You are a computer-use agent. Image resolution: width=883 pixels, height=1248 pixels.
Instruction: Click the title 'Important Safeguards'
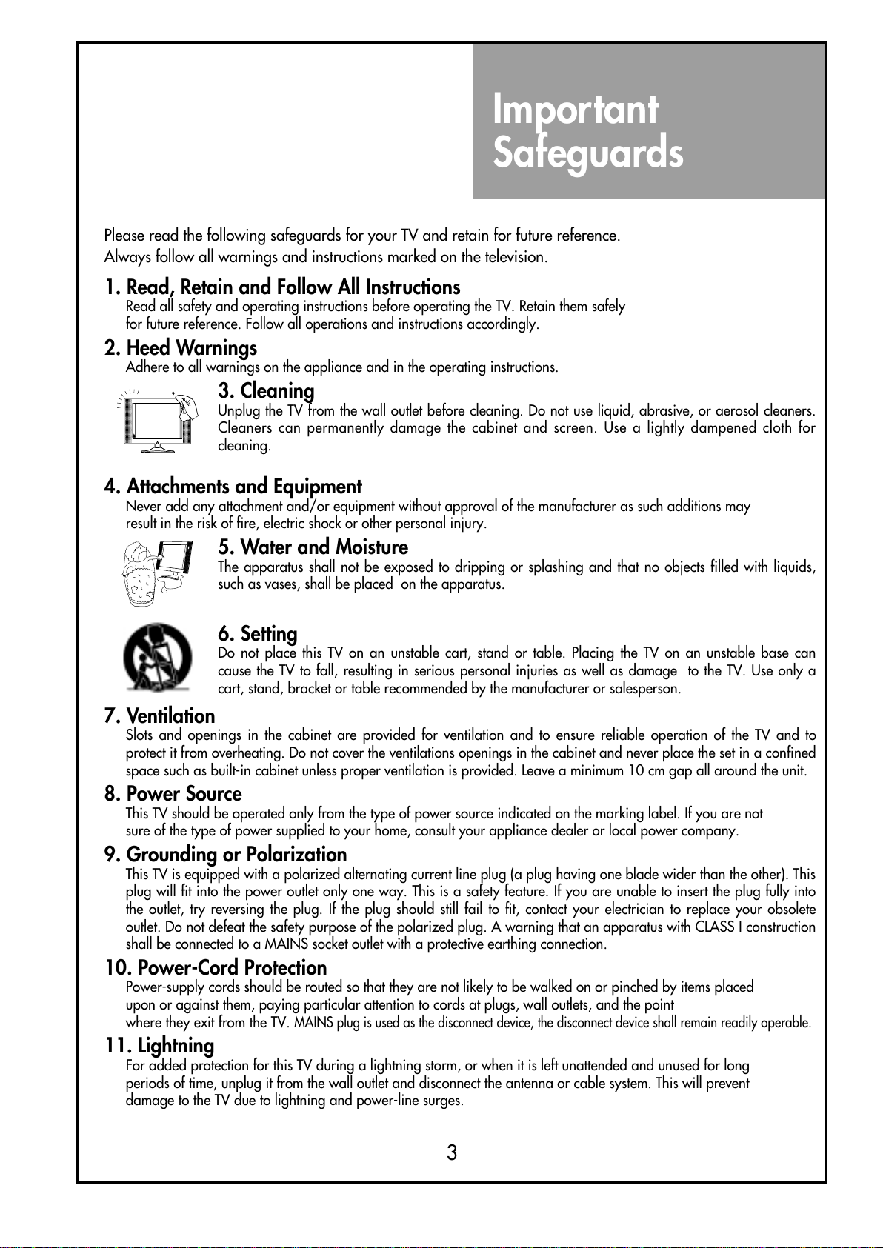(x=587, y=131)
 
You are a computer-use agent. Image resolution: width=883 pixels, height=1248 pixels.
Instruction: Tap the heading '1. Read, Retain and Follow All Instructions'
(x=282, y=287)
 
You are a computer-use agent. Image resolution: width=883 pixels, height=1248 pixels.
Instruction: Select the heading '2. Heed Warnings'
(x=181, y=348)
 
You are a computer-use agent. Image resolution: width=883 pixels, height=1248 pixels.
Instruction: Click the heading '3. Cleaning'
(x=266, y=390)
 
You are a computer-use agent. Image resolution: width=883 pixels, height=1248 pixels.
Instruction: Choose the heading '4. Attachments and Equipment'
(x=233, y=487)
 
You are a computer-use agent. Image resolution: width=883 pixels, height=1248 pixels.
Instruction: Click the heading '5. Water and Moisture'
(x=313, y=547)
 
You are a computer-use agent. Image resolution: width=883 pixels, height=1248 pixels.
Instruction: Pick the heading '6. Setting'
(x=257, y=634)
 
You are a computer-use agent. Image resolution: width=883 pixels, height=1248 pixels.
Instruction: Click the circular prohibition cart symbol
(x=157, y=656)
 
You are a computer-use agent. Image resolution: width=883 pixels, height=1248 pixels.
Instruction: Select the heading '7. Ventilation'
(x=159, y=716)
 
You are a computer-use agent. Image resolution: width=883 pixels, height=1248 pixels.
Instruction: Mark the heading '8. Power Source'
(x=173, y=794)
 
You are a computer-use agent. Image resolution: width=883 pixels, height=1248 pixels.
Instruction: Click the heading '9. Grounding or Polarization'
(x=225, y=855)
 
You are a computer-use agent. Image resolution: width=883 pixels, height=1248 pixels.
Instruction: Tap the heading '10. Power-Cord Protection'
(x=216, y=968)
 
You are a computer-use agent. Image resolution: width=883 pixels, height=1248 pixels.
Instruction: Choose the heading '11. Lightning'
(x=159, y=1046)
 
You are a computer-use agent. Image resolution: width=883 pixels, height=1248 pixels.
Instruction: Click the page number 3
(x=452, y=1152)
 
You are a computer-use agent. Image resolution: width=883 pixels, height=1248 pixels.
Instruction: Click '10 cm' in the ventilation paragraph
(x=647, y=771)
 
